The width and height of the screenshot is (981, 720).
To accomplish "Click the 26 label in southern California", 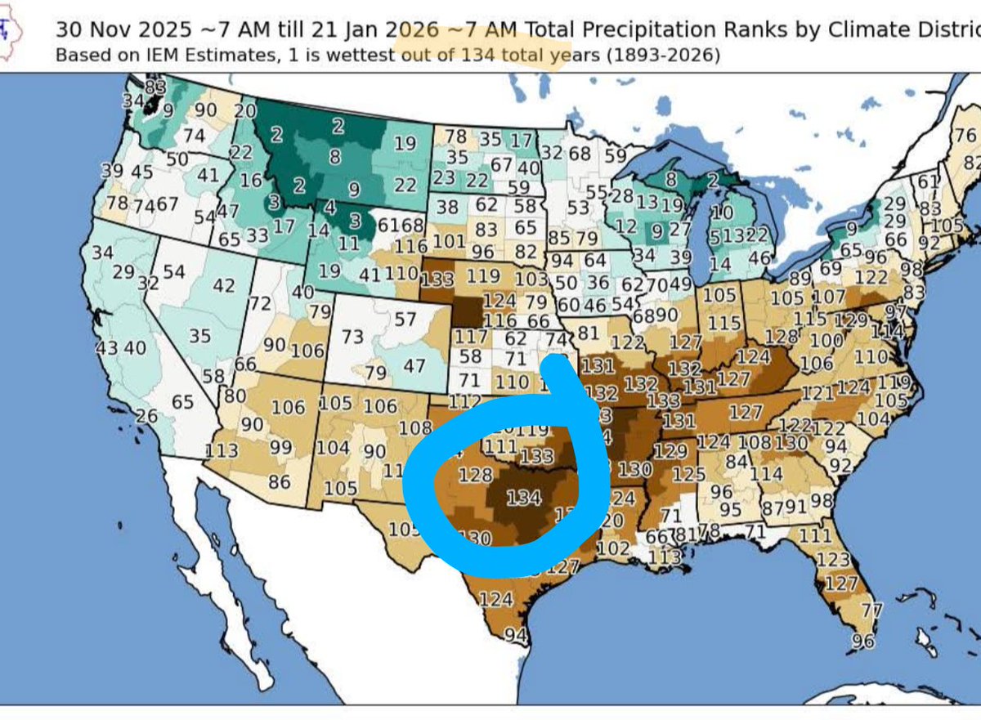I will coord(146,417).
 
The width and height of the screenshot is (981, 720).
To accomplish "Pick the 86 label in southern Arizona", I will coord(279,481).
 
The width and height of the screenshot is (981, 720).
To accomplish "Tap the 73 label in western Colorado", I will coord(352,336).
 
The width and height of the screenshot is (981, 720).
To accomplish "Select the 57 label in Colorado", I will coord(405,319).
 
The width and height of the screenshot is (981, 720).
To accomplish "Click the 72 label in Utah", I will coord(259,304).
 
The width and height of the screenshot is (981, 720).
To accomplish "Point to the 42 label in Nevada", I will coord(223,285).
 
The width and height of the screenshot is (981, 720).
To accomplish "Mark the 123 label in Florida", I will coord(833,559).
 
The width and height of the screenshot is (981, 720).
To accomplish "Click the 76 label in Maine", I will coord(965,136).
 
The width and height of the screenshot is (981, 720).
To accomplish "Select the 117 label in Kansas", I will coord(471,336).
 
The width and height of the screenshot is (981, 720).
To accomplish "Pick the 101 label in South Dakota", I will coord(449,241).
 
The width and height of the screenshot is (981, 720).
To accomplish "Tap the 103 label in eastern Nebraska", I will coord(532,279).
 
